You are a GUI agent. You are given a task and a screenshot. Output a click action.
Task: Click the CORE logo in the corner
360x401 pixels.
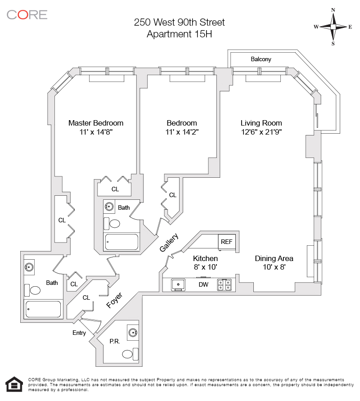[x=27, y=14]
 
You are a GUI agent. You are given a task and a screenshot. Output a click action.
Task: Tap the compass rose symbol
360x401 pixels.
[x=333, y=27]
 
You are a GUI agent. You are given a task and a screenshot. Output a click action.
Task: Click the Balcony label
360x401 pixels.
[x=261, y=59]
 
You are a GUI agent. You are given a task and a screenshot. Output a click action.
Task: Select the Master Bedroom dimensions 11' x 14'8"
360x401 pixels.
[x=96, y=132]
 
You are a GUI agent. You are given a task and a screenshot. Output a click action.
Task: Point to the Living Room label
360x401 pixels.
[x=261, y=123]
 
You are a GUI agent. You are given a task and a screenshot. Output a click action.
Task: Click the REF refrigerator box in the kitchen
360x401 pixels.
[x=226, y=242]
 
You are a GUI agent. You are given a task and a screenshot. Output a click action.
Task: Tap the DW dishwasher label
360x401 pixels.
[x=203, y=284]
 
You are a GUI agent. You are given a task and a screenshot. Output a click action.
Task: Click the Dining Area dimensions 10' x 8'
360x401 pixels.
[x=274, y=267]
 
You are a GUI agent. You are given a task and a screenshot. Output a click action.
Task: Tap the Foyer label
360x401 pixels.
[x=115, y=300]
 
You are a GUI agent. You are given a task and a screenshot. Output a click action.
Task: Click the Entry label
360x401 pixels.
[x=79, y=333]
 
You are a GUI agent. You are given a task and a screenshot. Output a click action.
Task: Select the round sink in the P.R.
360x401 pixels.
[x=133, y=333]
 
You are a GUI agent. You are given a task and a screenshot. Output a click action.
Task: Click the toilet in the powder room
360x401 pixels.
[x=129, y=354]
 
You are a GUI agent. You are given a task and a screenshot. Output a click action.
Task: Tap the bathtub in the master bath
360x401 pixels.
[x=43, y=309]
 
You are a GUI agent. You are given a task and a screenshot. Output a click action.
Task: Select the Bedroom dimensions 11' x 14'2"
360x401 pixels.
[x=182, y=132]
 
